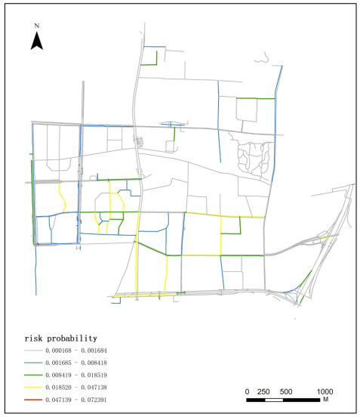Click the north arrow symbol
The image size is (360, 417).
[x=36, y=41]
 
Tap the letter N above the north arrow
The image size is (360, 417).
[x=36, y=27]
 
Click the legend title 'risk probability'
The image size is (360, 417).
[x=66, y=338]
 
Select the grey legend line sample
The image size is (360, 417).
[x=35, y=350]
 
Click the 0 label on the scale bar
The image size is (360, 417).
[x=248, y=391]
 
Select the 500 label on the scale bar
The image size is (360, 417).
[x=286, y=391]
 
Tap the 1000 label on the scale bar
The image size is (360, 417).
[x=325, y=391]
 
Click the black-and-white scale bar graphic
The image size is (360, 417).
[x=286, y=398]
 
